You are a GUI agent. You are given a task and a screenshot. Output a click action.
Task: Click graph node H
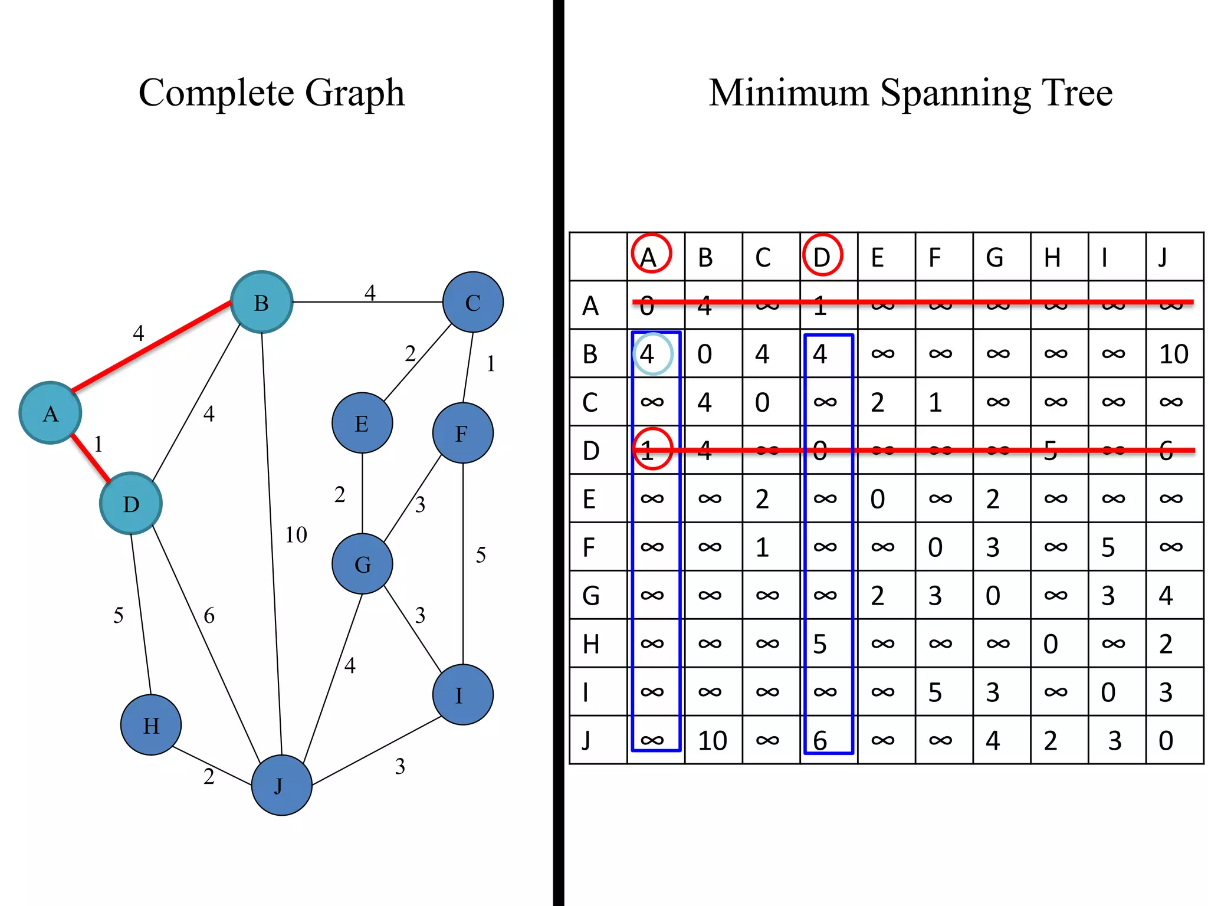tap(151, 725)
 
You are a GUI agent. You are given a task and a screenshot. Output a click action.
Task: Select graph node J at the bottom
tap(281, 785)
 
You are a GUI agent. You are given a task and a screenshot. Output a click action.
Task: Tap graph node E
tap(362, 423)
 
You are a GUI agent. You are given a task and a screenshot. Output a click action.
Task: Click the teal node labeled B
tap(261, 302)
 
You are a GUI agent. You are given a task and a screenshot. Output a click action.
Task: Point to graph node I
tap(462, 695)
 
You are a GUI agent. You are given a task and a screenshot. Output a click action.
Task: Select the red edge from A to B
tap(151, 346)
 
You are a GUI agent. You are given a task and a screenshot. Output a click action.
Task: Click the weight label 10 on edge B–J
tap(296, 535)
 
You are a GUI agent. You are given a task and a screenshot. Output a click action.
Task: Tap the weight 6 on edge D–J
tap(209, 616)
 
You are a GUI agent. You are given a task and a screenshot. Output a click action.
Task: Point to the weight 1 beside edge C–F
tap(491, 364)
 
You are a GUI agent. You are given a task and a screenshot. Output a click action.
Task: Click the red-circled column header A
tap(651, 256)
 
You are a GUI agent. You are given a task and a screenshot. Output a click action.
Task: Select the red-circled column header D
tap(822, 256)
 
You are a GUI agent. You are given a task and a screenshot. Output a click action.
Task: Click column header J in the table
tap(1163, 257)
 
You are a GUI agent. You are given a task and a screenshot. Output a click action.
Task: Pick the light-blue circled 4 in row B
tap(651, 354)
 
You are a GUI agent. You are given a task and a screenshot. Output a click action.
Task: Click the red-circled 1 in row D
tap(651, 450)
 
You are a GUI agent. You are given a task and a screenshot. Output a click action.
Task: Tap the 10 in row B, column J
tap(1173, 354)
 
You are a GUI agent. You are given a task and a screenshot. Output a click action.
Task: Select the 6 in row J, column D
tap(820, 740)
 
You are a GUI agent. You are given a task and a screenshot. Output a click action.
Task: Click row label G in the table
tap(591, 595)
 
